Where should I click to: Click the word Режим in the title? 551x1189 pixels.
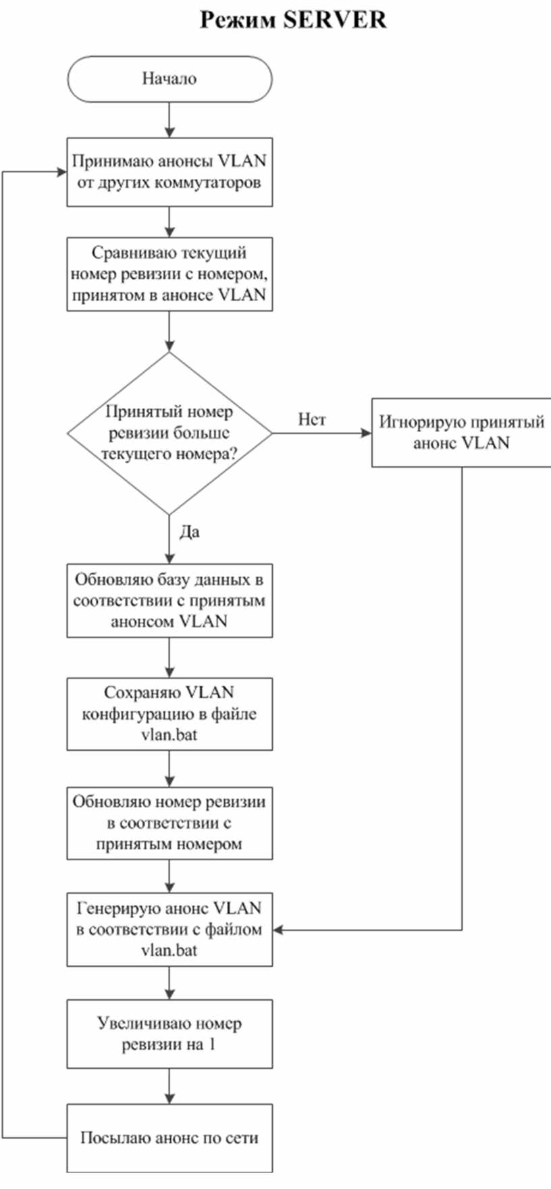pyautogui.click(x=238, y=20)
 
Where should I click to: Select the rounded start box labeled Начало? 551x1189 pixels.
pyautogui.click(x=169, y=79)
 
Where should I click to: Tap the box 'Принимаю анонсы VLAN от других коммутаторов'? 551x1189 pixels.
pyautogui.click(x=169, y=171)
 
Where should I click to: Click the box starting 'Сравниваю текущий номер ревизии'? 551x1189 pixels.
pyautogui.click(x=169, y=274)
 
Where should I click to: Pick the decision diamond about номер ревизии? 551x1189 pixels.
pyautogui.click(x=169, y=433)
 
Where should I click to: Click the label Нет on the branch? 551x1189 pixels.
pyautogui.click(x=312, y=420)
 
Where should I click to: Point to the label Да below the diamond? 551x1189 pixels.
pyautogui.click(x=190, y=532)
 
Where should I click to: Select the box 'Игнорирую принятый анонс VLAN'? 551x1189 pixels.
pyautogui.click(x=461, y=433)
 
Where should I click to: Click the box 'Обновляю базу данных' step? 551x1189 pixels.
pyautogui.click(x=169, y=600)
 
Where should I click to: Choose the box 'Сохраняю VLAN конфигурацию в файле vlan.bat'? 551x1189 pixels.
pyautogui.click(x=169, y=714)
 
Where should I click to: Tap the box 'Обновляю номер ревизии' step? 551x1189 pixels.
pyautogui.click(x=169, y=823)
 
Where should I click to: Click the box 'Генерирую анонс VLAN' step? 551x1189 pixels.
pyautogui.click(x=169, y=929)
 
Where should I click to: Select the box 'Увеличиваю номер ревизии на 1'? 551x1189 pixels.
pyautogui.click(x=169, y=1034)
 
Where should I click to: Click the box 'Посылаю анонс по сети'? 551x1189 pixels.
pyautogui.click(x=169, y=1138)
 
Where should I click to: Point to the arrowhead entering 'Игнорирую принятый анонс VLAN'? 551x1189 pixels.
pyautogui.click(x=367, y=433)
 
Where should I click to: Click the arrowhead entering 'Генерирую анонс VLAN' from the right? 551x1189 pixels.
pyautogui.click(x=278, y=930)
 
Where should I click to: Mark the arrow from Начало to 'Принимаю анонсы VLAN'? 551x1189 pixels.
pyautogui.click(x=169, y=120)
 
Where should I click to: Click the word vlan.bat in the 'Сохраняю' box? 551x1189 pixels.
pyautogui.click(x=169, y=735)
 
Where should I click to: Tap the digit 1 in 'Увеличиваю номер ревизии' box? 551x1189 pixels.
pyautogui.click(x=211, y=1045)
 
